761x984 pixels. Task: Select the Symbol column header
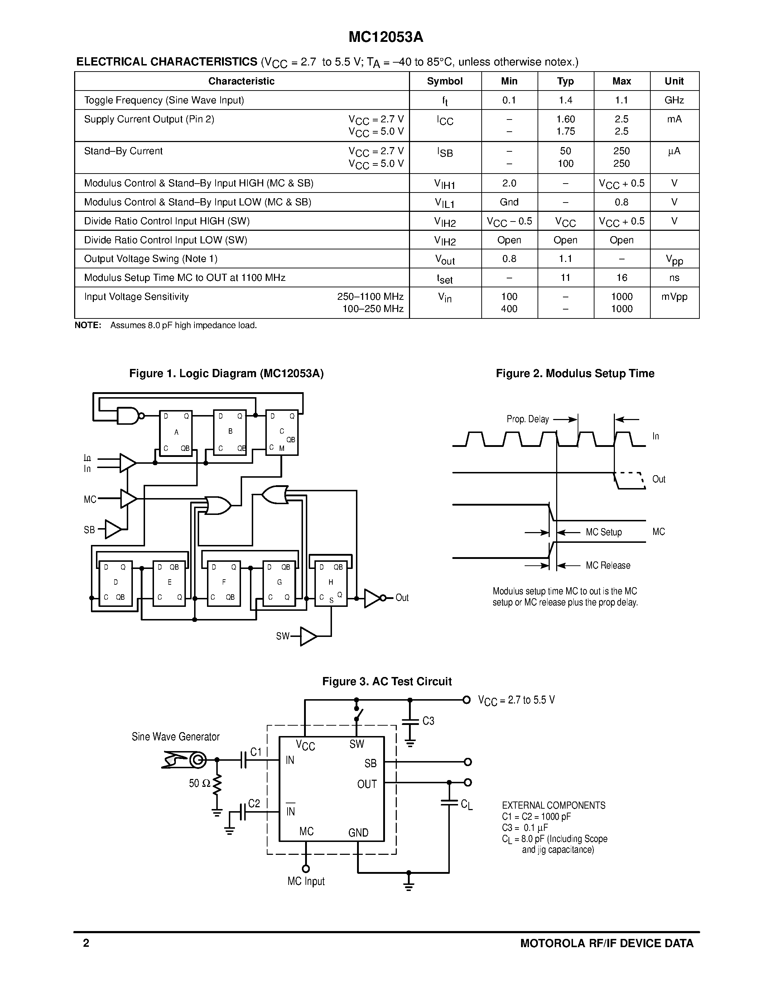tap(444, 81)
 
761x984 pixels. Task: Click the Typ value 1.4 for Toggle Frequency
tap(565, 100)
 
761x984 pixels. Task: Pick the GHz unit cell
tap(674, 100)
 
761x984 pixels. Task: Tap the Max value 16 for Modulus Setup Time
tap(622, 278)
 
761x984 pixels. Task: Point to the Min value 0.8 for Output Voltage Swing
tap(509, 259)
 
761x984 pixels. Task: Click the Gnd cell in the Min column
tap(509, 202)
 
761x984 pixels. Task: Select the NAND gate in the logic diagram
tap(129, 416)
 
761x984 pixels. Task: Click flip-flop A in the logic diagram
tap(176, 433)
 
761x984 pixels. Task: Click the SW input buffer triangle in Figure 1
tap(308, 636)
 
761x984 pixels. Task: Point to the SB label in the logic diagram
tap(89, 530)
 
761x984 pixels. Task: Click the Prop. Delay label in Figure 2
tap(528, 419)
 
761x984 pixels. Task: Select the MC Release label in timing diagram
tap(608, 565)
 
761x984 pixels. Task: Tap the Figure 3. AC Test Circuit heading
tap(387, 681)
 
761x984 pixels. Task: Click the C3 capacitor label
tap(428, 721)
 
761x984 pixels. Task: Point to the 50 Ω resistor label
tap(199, 783)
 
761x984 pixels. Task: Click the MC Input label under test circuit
tap(306, 881)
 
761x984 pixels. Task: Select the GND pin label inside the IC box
tap(358, 833)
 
